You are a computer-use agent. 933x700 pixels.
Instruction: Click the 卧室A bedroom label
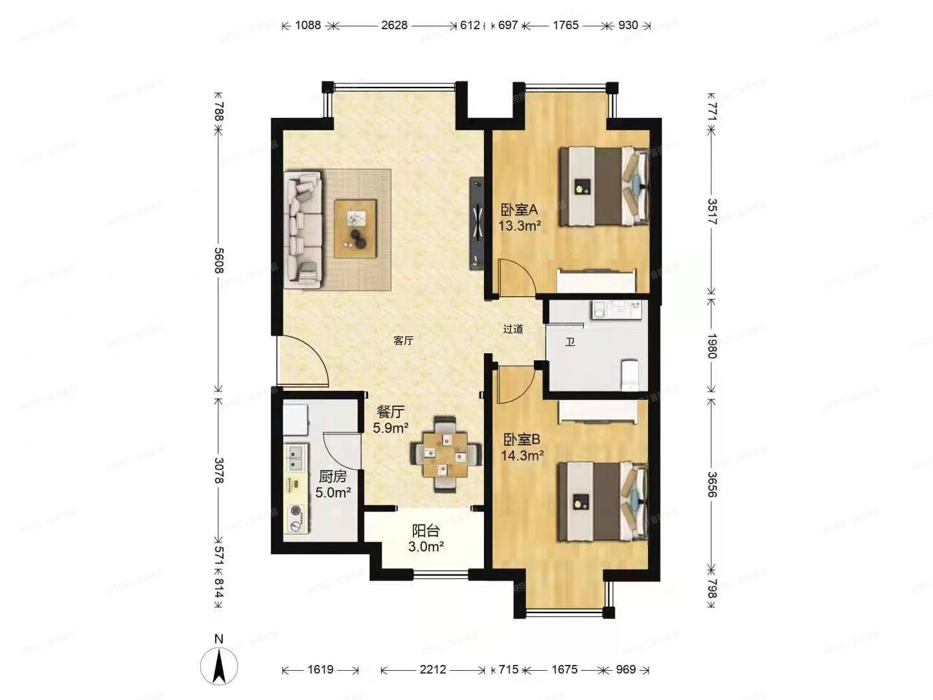[519, 210]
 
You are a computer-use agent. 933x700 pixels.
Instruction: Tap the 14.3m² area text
[522, 455]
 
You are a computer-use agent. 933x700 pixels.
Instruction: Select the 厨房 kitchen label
[332, 477]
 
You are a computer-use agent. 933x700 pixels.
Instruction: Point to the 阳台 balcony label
[426, 531]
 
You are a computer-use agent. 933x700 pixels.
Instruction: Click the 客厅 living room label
[403, 340]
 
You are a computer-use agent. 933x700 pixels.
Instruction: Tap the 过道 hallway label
[513, 329]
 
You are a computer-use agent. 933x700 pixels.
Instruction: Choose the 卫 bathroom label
[570, 342]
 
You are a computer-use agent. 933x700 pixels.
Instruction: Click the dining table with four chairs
[446, 453]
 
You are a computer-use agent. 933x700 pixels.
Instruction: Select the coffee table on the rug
[355, 229]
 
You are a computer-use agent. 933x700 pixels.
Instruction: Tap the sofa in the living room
[304, 229]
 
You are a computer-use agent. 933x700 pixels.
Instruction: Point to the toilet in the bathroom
[630, 375]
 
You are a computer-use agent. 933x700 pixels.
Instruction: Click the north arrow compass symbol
[219, 665]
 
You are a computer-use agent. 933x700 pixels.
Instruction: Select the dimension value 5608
[219, 260]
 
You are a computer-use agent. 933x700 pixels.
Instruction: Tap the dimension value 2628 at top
[394, 25]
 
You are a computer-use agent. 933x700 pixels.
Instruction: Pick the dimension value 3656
[711, 484]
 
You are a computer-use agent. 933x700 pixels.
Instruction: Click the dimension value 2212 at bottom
[432, 669]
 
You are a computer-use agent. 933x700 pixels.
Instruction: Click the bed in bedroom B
[603, 501]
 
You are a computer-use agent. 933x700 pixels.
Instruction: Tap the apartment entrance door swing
[301, 362]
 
